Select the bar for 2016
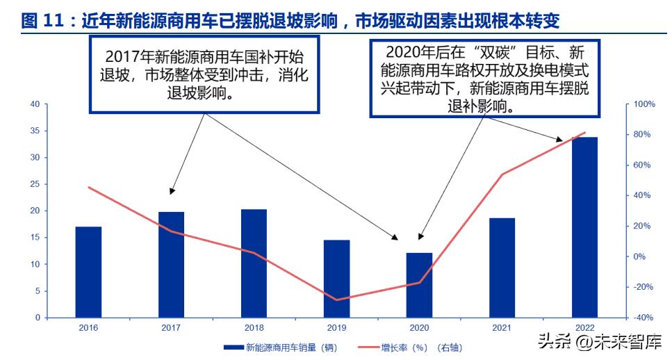(x=88, y=272)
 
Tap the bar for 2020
(x=419, y=285)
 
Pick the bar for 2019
(x=336, y=279)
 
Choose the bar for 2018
(x=254, y=263)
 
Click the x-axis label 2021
(x=502, y=327)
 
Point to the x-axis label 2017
(x=171, y=327)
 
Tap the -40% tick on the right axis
(x=641, y=318)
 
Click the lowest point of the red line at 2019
(x=337, y=300)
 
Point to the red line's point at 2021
(x=502, y=174)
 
